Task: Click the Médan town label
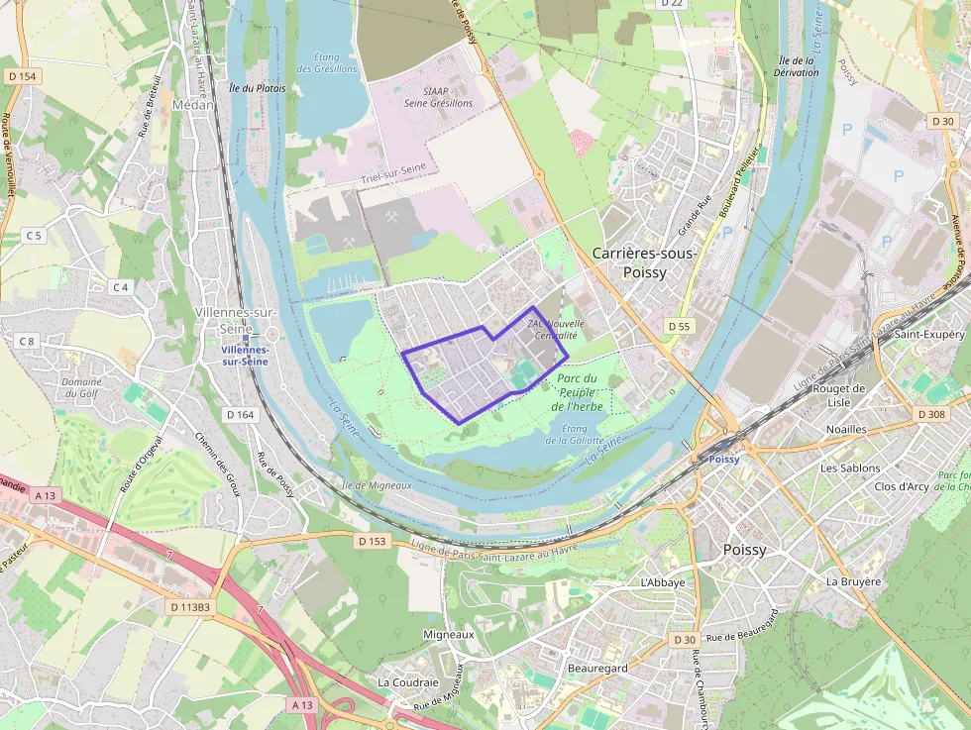(x=192, y=103)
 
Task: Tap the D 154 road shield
(x=21, y=76)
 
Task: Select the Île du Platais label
(x=257, y=88)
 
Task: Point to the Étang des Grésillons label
(x=327, y=63)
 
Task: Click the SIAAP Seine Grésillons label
(x=439, y=96)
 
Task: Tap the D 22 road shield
(x=672, y=3)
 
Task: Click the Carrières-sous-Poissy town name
(x=644, y=261)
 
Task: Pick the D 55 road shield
(x=679, y=326)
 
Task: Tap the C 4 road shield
(x=121, y=287)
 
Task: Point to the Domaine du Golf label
(x=82, y=387)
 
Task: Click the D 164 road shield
(x=240, y=415)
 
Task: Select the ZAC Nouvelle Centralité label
(x=556, y=329)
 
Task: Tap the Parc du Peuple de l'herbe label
(x=576, y=392)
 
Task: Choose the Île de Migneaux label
(x=376, y=485)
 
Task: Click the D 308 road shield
(x=932, y=414)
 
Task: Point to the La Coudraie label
(x=407, y=682)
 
